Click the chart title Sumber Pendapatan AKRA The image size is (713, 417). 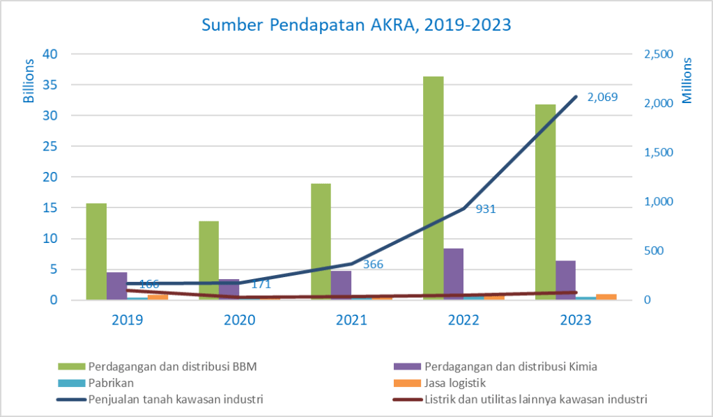(x=356, y=25)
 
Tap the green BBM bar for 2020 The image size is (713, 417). (x=208, y=260)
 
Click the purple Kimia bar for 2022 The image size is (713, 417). (x=454, y=274)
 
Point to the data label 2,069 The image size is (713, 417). (x=602, y=97)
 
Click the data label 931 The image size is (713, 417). (x=485, y=208)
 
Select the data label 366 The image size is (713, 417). (x=374, y=265)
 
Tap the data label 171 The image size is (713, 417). (x=261, y=284)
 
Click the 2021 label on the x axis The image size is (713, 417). (x=351, y=320)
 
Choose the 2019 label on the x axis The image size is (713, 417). (x=127, y=320)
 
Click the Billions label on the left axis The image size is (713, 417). (x=29, y=81)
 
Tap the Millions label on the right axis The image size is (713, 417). (x=687, y=81)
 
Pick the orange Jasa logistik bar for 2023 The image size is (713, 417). (x=606, y=297)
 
